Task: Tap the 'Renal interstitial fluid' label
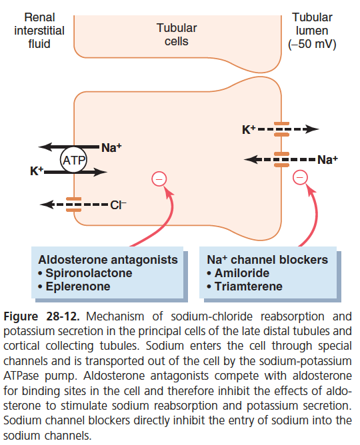click(x=39, y=31)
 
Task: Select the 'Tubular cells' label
click(x=177, y=35)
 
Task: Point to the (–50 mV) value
click(x=312, y=44)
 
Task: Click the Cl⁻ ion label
click(x=118, y=205)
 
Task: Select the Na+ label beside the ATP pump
click(x=111, y=148)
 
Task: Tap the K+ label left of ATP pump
click(x=37, y=171)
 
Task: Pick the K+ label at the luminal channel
click(x=249, y=130)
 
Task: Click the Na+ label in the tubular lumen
click(x=327, y=159)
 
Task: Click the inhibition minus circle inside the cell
click(x=159, y=179)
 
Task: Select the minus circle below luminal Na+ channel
click(x=300, y=177)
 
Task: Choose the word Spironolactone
click(x=89, y=273)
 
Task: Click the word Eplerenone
click(x=78, y=286)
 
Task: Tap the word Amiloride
click(x=242, y=273)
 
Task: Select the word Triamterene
click(x=249, y=286)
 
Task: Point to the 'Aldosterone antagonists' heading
click(x=108, y=260)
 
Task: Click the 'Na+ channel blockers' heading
click(x=267, y=260)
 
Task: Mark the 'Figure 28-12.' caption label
click(x=41, y=316)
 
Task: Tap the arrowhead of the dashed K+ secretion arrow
click(x=311, y=129)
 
